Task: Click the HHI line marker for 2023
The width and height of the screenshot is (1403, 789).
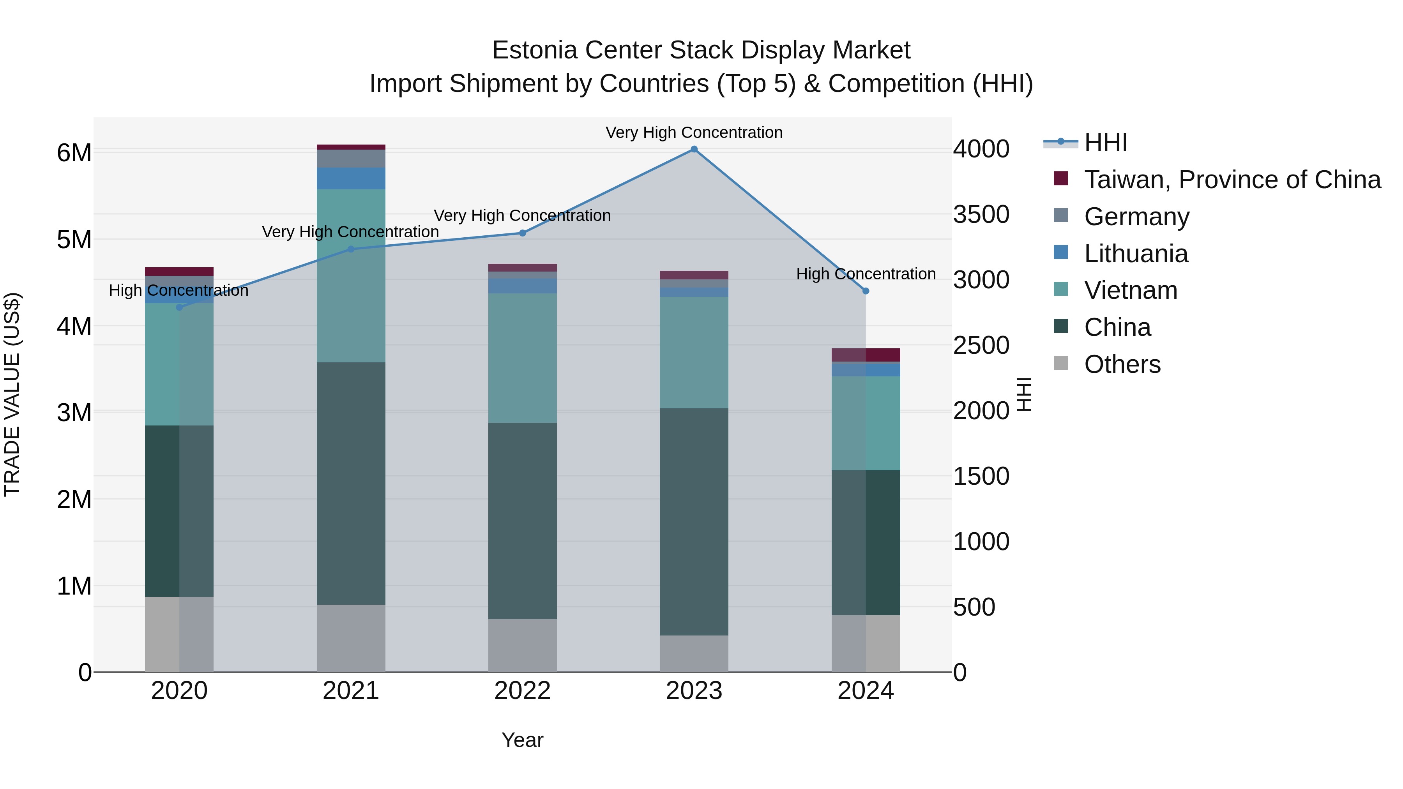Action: tap(694, 149)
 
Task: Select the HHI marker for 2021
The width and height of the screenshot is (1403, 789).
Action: tap(351, 249)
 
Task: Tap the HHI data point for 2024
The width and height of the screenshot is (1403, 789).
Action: tap(866, 291)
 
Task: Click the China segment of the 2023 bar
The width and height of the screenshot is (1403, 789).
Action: tap(694, 522)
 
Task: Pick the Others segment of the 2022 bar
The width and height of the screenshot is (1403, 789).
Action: tap(522, 645)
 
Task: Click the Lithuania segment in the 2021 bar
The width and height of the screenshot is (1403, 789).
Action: tap(351, 178)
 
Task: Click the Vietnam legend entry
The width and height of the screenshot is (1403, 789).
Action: tap(1130, 290)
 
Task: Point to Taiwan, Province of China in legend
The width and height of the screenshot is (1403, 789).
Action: tap(1232, 180)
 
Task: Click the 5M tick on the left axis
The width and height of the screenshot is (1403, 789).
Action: tap(74, 240)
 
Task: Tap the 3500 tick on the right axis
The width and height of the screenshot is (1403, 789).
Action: tap(981, 215)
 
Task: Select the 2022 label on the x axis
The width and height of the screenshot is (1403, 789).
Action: tap(522, 691)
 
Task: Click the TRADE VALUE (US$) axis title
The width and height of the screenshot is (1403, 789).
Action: tap(12, 394)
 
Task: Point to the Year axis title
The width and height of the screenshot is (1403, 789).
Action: tap(522, 740)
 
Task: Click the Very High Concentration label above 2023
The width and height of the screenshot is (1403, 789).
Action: tap(694, 132)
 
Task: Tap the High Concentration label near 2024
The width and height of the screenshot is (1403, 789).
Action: tap(866, 274)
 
